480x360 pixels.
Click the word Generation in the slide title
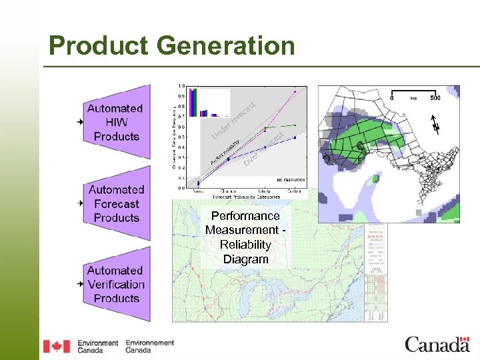(227, 46)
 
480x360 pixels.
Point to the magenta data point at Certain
(295, 92)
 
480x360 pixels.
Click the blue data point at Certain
(295, 137)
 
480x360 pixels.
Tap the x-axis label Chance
(227, 192)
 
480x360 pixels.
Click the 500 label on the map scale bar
(435, 98)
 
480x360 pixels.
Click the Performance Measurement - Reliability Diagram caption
(245, 237)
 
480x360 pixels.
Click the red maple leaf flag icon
(56, 346)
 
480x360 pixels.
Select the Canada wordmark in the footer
(437, 345)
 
